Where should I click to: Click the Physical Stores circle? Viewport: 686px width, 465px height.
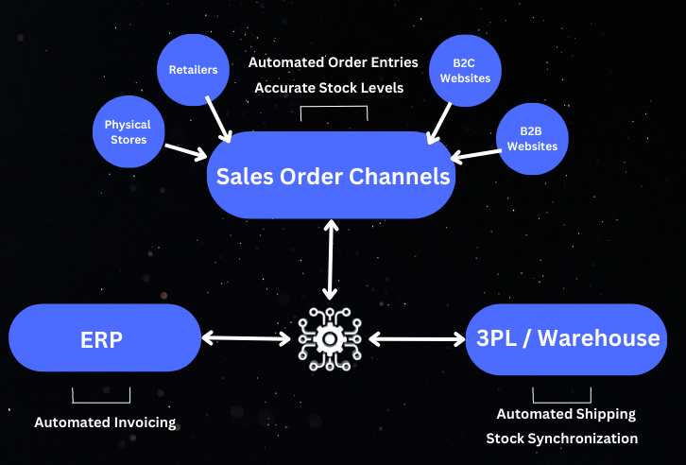point(128,132)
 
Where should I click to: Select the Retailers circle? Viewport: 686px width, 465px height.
point(194,70)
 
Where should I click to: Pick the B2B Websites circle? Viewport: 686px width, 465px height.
point(532,139)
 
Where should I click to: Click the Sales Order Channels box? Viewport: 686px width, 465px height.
point(331,176)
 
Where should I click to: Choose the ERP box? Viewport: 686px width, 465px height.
point(104,338)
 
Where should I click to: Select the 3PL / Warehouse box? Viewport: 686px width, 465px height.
point(562,338)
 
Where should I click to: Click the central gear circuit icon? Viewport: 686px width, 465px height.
point(330,336)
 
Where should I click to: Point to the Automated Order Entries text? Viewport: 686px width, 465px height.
point(333,62)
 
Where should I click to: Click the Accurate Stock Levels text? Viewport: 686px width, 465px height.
point(329,88)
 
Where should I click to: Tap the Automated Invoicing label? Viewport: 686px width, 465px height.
point(105,422)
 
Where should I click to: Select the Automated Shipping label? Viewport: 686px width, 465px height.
point(566,414)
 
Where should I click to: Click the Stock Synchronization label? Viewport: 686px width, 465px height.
point(561,439)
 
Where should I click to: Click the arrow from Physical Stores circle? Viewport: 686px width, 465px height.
point(185,148)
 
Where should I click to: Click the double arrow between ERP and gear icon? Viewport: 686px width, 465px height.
point(245,337)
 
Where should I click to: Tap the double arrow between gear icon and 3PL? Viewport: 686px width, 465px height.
point(417,337)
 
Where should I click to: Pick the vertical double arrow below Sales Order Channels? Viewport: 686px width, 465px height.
point(330,260)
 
